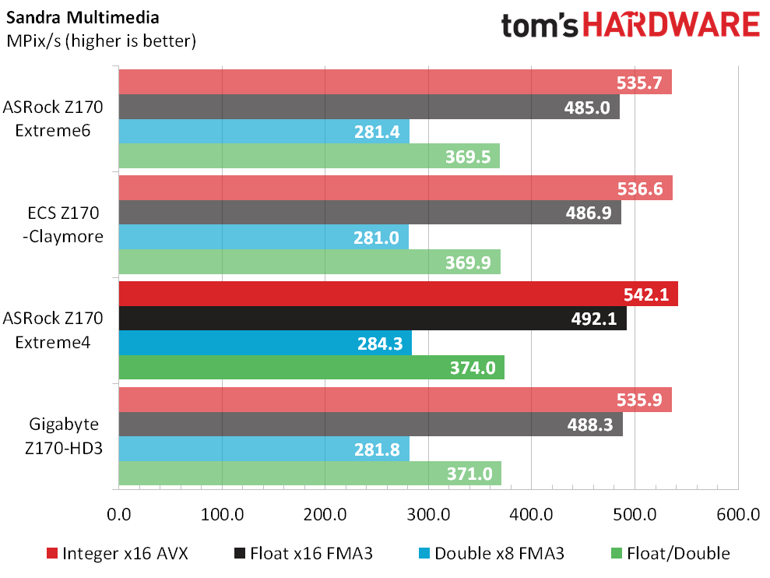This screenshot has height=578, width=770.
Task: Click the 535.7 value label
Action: (639, 83)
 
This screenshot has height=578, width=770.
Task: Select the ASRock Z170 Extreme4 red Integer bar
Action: (399, 294)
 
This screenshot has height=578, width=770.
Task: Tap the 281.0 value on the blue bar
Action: (376, 238)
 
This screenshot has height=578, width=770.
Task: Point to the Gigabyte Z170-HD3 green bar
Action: (310, 474)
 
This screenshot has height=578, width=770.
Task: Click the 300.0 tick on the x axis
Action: (428, 514)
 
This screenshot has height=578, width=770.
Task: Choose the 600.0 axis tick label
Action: (738, 514)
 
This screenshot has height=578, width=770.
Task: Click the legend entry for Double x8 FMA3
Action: (491, 553)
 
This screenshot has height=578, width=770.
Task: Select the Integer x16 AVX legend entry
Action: (117, 553)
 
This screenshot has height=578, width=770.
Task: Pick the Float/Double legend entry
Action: (670, 553)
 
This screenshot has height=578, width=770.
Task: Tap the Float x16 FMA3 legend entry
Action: (304, 553)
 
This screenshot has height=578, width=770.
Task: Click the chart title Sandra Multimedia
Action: (83, 18)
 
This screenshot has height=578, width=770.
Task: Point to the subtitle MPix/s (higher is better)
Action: (101, 41)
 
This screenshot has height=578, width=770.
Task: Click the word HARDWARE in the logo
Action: (671, 25)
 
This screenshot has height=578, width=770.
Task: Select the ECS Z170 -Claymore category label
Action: (63, 224)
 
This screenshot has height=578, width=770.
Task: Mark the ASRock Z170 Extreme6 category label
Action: (53, 118)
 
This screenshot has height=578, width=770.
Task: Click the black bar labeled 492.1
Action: (373, 319)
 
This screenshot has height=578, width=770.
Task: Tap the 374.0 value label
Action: (473, 368)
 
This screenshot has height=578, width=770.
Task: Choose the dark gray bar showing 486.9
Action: (370, 213)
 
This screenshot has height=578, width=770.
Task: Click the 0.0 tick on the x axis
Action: (119, 514)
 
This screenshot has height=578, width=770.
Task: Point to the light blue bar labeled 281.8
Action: (264, 449)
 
